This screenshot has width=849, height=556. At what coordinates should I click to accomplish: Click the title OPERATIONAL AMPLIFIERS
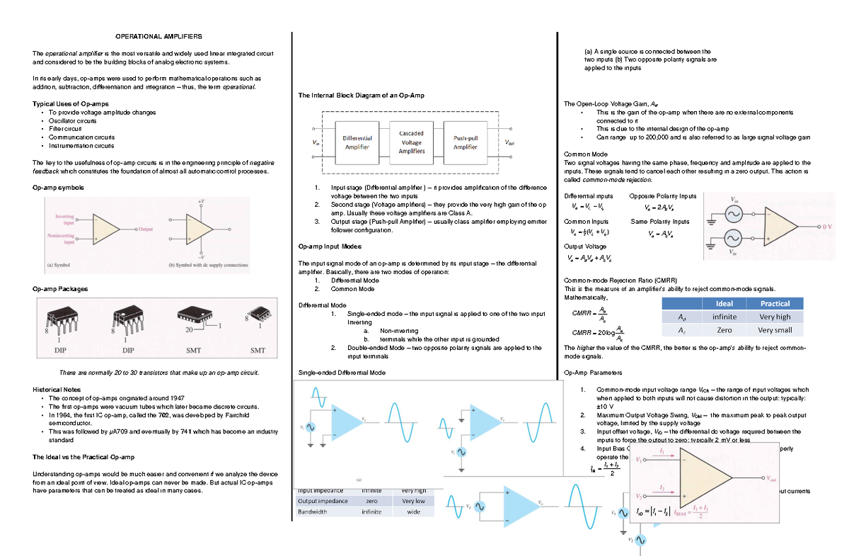(x=158, y=36)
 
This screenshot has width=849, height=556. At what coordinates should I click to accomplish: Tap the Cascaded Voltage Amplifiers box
(x=412, y=142)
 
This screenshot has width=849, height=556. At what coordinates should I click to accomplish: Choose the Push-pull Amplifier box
(x=465, y=142)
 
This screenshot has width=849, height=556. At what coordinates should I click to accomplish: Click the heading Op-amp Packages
(x=60, y=289)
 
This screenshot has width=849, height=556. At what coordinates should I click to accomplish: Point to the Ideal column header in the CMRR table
(x=724, y=303)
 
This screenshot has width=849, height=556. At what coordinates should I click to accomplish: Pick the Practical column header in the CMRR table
(x=775, y=303)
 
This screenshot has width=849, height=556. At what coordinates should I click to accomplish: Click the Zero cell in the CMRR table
(x=724, y=330)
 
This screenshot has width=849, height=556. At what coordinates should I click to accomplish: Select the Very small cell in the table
(x=775, y=330)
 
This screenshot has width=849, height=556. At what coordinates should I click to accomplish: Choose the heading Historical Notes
(x=57, y=390)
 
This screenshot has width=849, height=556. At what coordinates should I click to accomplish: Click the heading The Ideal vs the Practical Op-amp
(x=83, y=457)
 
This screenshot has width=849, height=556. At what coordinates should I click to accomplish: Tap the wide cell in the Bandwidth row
(x=413, y=511)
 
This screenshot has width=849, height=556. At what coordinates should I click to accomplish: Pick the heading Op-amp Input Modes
(x=330, y=246)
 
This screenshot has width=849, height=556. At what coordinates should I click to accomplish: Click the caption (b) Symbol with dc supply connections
(x=209, y=266)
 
